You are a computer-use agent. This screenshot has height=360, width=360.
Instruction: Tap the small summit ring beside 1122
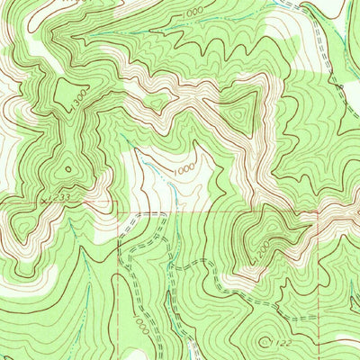coord(264,342)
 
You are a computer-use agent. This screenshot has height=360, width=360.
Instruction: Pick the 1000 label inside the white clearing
coord(184,168)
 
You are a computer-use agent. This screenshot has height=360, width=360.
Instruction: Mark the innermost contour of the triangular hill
coord(238,115)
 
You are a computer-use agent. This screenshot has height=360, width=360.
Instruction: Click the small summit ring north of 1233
coord(67,168)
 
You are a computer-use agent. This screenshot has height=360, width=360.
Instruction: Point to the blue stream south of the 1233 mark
coord(85,261)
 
